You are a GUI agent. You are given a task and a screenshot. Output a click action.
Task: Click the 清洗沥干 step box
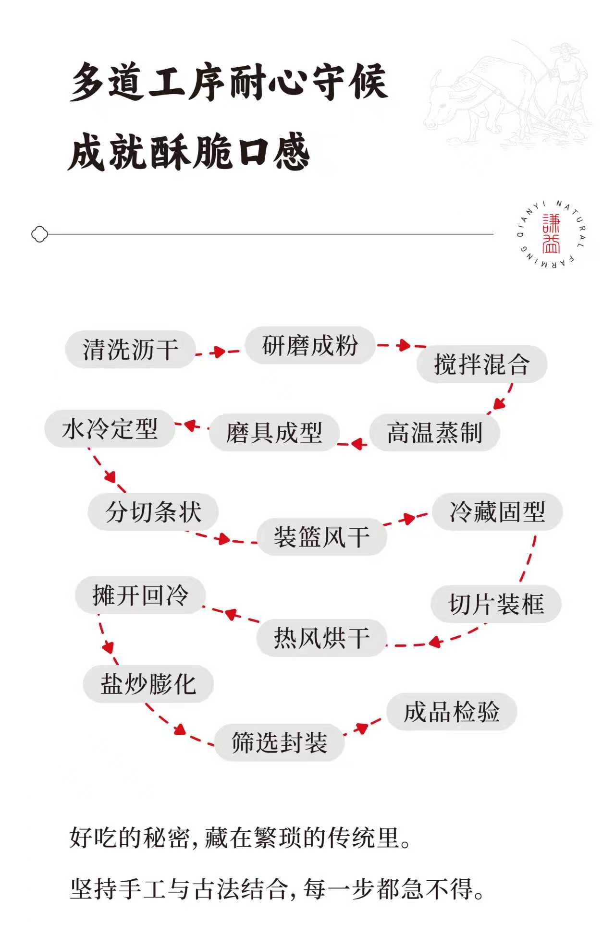tap(130, 349)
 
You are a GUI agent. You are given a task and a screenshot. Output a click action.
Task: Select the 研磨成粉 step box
tap(310, 345)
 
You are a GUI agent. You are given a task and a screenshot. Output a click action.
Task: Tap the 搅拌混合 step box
tap(481, 364)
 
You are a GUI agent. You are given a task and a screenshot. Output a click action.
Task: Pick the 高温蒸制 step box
tap(434, 433)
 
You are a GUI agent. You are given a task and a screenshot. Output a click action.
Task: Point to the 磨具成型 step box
tap(274, 433)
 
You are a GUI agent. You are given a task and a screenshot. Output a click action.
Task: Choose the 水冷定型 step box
tap(110, 429)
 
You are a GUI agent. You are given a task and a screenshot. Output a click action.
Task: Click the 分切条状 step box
tap(153, 512)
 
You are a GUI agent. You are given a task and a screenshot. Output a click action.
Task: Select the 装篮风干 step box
tap(321, 537)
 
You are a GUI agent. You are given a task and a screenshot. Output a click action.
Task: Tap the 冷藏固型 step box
tap(497, 512)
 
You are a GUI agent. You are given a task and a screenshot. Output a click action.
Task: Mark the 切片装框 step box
tap(496, 604)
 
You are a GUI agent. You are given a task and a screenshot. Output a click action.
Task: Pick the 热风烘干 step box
tap(321, 638)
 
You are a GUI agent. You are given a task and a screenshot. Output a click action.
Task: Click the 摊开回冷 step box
tap(140, 595)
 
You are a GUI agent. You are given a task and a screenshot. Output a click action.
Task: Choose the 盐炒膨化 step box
tap(148, 684)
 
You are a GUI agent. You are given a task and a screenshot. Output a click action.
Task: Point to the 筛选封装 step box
tap(279, 742)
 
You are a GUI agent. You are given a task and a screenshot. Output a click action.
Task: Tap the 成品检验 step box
tap(452, 712)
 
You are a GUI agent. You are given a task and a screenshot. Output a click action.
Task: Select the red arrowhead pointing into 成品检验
tap(361, 728)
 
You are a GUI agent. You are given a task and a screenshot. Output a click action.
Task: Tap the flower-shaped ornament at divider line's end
tap(39, 234)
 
